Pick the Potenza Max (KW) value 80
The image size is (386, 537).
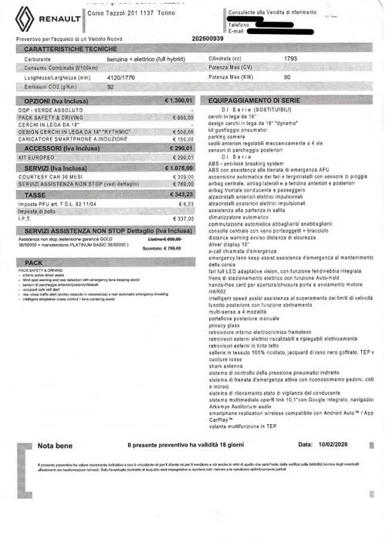[287, 77]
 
